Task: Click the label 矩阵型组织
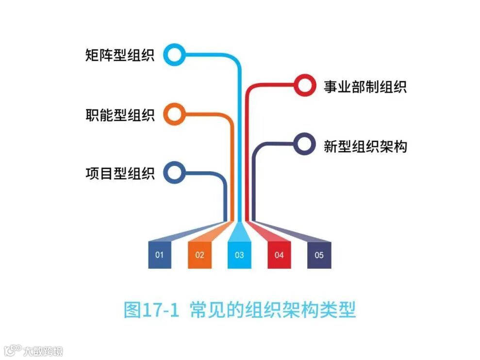pyautogui.click(x=119, y=55)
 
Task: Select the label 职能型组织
pyautogui.click(x=119, y=115)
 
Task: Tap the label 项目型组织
pyautogui.click(x=119, y=173)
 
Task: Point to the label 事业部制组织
pyautogui.click(x=365, y=87)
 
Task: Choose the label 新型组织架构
pyautogui.click(x=365, y=146)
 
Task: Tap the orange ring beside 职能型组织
pyautogui.click(x=174, y=114)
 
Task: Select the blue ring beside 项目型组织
pyautogui.click(x=174, y=172)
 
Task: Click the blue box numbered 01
pyautogui.click(x=160, y=255)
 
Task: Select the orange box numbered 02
pyautogui.click(x=199, y=255)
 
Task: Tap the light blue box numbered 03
pyautogui.click(x=239, y=255)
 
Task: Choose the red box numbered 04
pyautogui.click(x=279, y=255)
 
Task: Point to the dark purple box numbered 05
pyautogui.click(x=319, y=255)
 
